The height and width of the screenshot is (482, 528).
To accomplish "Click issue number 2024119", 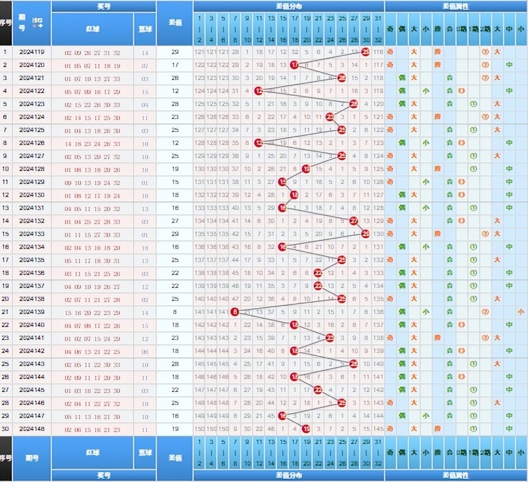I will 31,53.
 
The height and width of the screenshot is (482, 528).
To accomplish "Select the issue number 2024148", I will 31,429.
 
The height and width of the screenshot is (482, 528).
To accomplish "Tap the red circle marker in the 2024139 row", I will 235,311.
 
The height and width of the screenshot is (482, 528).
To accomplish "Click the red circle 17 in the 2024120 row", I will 294,66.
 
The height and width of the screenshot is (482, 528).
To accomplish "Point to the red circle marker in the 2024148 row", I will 306,429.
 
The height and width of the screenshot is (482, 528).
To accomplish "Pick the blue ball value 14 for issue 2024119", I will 144,53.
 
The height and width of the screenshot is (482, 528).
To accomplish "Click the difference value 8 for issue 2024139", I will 175,311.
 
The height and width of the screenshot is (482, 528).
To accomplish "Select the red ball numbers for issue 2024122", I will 92,92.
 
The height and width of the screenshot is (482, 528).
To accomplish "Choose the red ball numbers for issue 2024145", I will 92,390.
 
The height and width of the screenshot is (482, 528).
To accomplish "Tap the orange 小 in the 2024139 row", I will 520,311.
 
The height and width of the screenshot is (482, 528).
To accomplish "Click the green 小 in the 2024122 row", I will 426,92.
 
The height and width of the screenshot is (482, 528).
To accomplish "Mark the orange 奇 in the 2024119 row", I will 390,53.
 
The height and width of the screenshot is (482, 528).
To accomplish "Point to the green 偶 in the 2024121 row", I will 402,79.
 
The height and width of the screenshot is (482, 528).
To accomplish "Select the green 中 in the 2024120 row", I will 509,66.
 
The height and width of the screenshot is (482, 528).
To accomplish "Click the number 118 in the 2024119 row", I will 378,53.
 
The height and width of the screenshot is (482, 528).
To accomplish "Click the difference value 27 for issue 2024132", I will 175,221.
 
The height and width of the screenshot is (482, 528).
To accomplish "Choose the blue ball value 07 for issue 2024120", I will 144,66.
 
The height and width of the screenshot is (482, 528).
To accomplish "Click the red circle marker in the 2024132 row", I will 354,221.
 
